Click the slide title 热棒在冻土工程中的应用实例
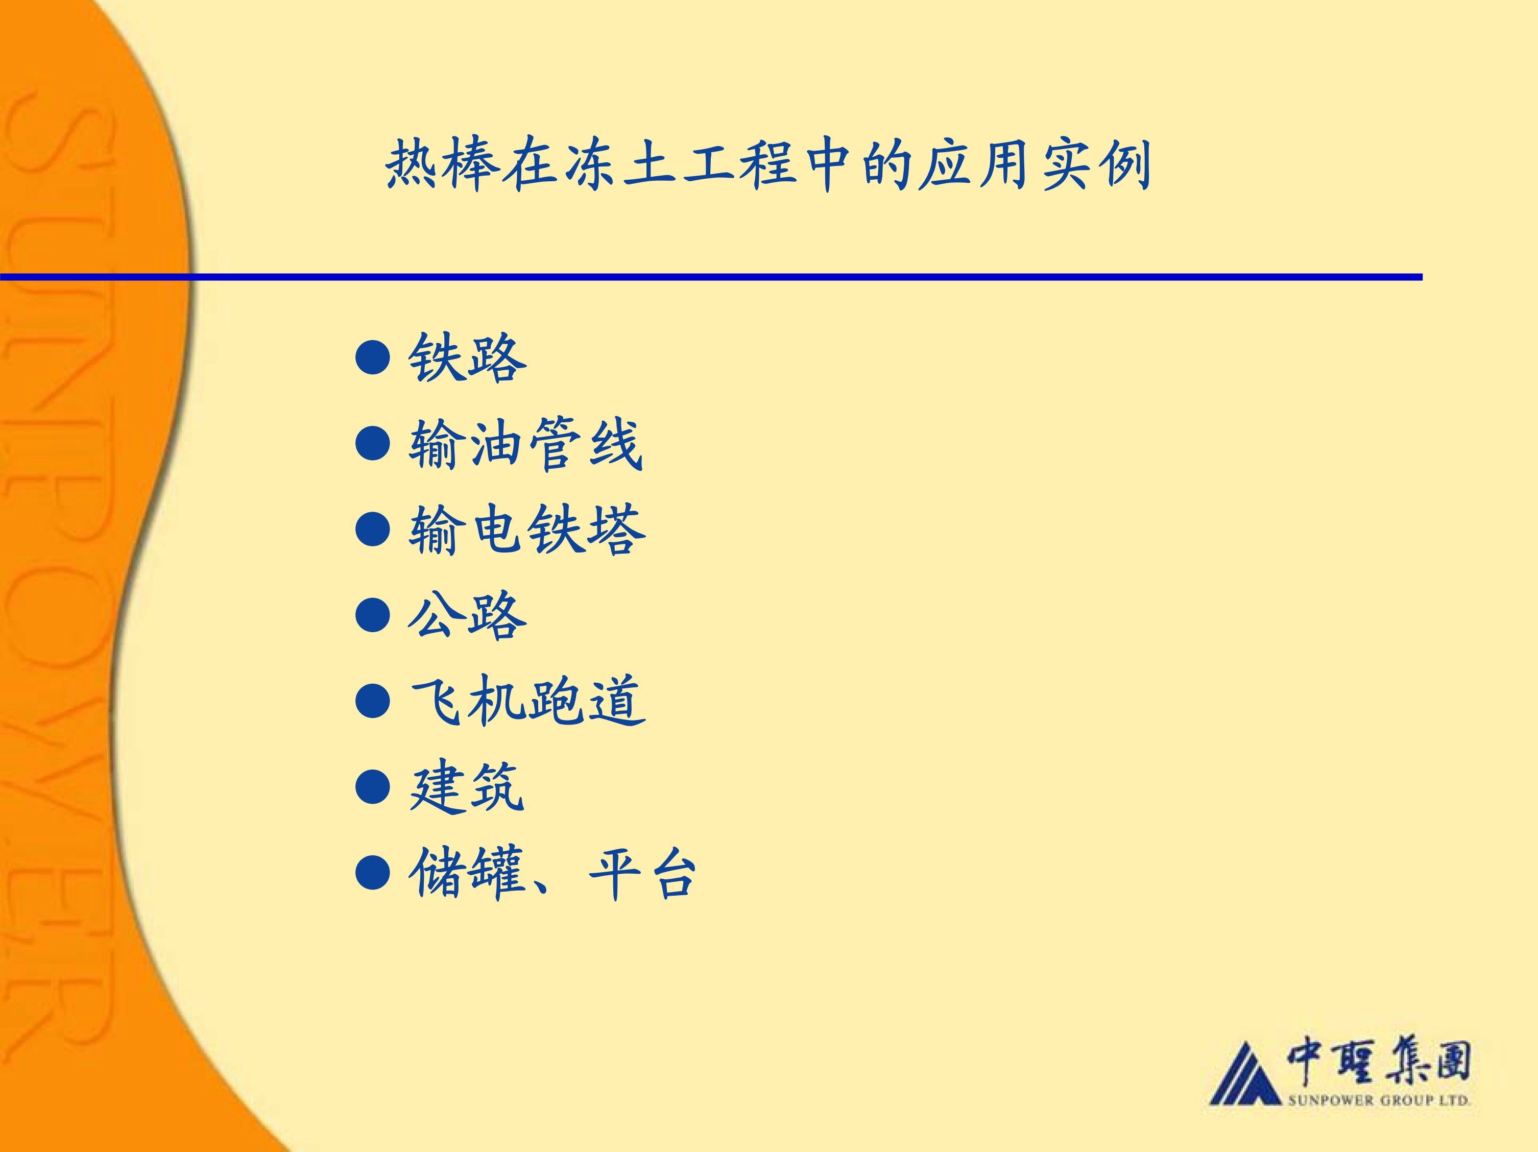coord(768,165)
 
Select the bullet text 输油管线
coord(525,444)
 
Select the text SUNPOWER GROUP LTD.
coord(1379,1100)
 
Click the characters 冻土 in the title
coord(621,165)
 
